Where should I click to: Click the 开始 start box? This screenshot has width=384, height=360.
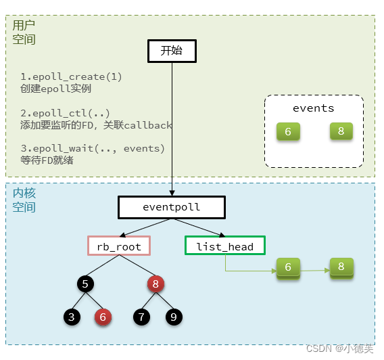171,51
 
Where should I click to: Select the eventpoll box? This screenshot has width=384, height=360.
171,207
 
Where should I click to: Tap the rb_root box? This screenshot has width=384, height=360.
119,246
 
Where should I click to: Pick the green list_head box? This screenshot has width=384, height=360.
224,246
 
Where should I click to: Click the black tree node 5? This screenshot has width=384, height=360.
86,284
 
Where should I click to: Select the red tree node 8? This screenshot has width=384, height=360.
155,284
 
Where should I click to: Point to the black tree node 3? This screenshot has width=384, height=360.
71,316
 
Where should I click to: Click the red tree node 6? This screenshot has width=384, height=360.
103,316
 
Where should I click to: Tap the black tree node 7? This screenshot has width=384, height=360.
141,316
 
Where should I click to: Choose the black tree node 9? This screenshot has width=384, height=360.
173,316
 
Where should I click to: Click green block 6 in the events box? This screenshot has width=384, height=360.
288,131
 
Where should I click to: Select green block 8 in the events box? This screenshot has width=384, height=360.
341,131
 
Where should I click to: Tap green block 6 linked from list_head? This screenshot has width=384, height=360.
288,268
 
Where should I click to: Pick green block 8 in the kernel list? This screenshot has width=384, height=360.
341,267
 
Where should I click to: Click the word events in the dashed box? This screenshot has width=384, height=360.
313,108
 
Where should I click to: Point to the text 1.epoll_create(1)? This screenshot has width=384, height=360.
71,76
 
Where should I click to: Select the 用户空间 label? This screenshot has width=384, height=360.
24,32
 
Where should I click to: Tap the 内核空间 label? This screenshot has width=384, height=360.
24,200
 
